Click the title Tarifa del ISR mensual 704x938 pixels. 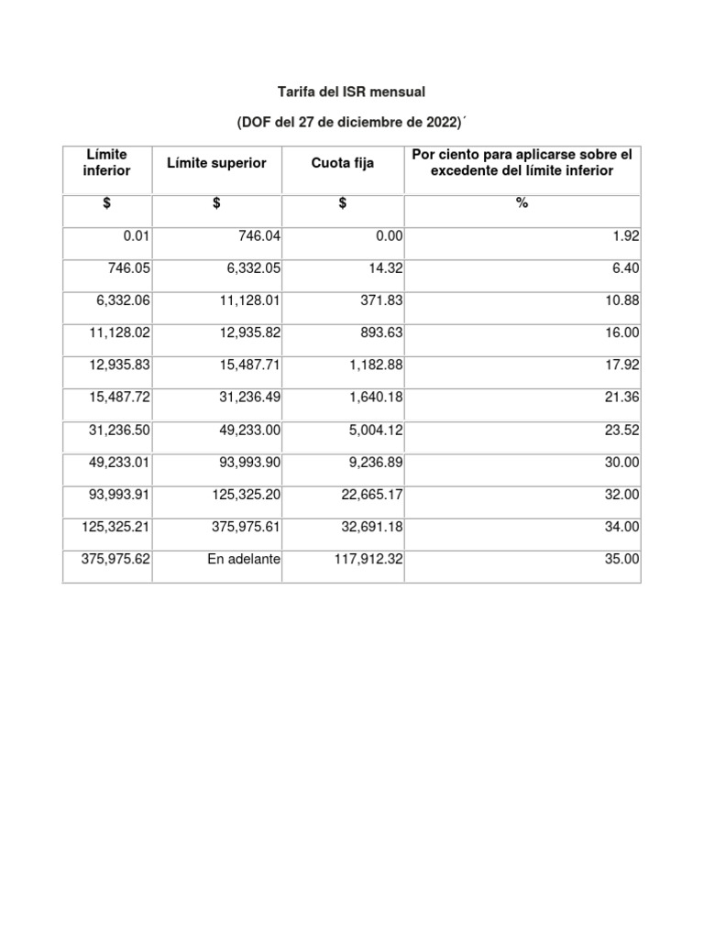[x=352, y=93]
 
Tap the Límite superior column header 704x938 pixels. [x=216, y=163]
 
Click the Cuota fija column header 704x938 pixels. [x=341, y=163]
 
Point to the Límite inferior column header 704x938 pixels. [x=107, y=163]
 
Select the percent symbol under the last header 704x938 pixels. [x=522, y=203]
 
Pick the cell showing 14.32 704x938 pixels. [x=383, y=267]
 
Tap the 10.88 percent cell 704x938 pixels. [x=621, y=300]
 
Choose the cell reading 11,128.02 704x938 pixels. [x=119, y=332]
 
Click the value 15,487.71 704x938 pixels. [x=249, y=364]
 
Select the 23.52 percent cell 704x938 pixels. [x=621, y=430]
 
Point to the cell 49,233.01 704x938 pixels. [x=119, y=462]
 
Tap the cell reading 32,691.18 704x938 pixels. [x=370, y=527]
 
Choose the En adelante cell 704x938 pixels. [x=244, y=559]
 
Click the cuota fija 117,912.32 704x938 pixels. [x=367, y=559]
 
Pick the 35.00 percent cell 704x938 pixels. [x=621, y=559]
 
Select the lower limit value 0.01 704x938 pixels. [x=136, y=235]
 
